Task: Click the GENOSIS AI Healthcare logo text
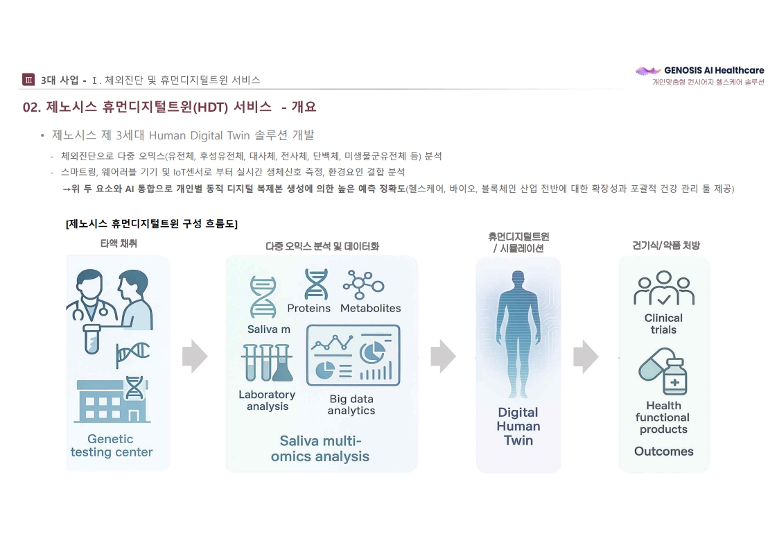714,71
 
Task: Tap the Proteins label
308,308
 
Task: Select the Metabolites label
371,308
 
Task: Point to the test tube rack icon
267,363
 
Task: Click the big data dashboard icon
353,355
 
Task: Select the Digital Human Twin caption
518,426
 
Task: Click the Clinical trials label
663,323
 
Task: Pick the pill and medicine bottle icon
663,371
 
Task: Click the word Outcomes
663,452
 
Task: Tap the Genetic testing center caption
112,445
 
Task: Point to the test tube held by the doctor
91,339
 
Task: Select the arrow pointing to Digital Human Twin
443,356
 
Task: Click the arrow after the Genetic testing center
195,356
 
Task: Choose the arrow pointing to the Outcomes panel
586,356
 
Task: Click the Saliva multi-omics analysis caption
320,448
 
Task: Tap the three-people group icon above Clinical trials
663,288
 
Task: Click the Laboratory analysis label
267,400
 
